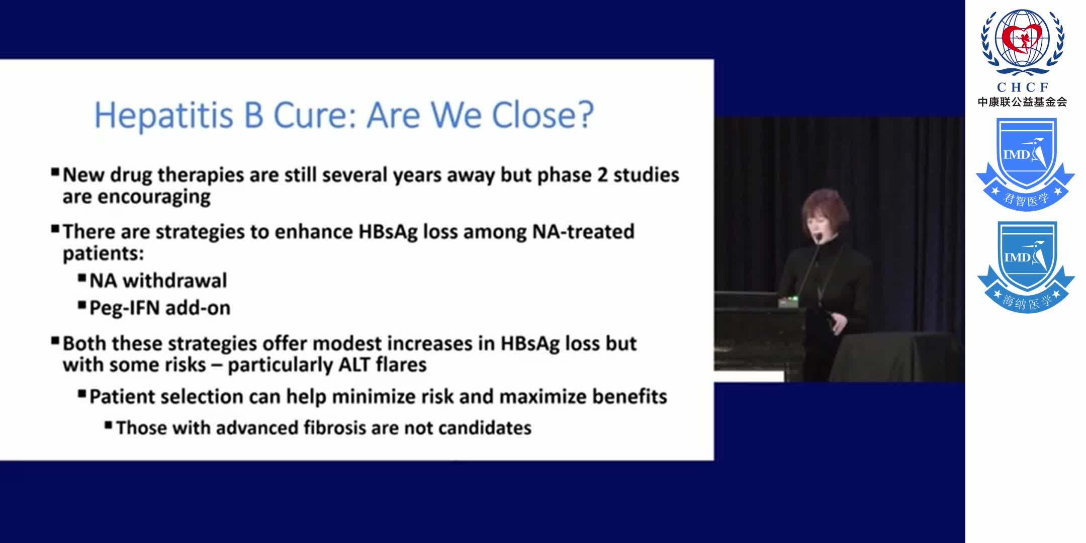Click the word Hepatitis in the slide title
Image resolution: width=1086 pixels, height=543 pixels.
coord(164,116)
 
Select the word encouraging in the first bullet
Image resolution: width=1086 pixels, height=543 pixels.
coord(154,197)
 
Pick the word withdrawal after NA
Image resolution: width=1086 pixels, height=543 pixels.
coord(174,281)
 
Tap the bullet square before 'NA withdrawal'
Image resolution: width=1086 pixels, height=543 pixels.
coord(82,278)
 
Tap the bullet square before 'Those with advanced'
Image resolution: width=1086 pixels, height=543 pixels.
coord(108,425)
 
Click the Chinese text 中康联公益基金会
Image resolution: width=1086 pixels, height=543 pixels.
coord(1022,102)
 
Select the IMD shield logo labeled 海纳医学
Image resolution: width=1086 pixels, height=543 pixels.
coord(1026,266)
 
